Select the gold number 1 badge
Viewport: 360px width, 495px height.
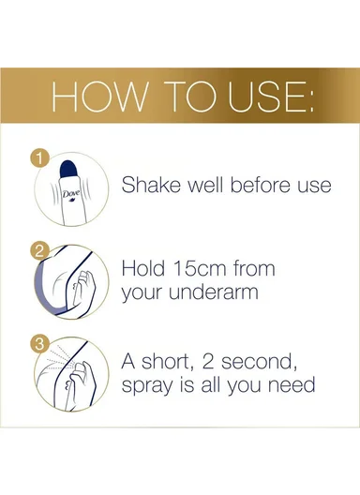[x=38, y=157]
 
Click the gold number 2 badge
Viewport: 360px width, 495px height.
[x=38, y=251]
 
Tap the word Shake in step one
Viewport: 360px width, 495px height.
[x=152, y=184]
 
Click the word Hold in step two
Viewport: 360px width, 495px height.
[x=144, y=268]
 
